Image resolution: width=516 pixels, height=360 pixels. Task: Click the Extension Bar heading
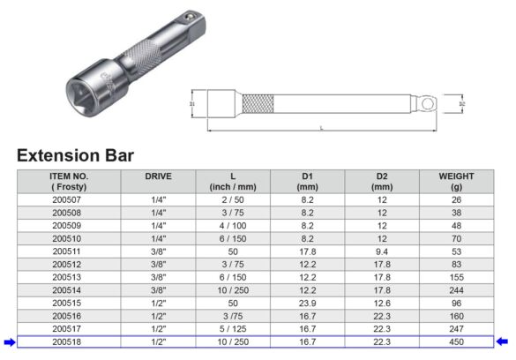pyautogui.click(x=75, y=155)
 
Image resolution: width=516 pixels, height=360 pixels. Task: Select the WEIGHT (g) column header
pyautogui.click(x=455, y=182)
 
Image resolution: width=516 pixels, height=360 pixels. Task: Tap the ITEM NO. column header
pyautogui.click(x=69, y=182)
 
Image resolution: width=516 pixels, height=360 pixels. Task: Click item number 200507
pyautogui.click(x=69, y=200)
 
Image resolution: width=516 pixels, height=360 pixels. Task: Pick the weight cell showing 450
pyautogui.click(x=455, y=341)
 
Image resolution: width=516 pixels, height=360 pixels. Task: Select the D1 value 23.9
pyautogui.click(x=308, y=302)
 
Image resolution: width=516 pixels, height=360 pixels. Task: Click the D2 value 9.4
pyautogui.click(x=381, y=251)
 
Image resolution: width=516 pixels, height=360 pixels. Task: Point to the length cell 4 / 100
pyautogui.click(x=232, y=226)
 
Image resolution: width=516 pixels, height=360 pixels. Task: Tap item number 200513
pyautogui.click(x=69, y=276)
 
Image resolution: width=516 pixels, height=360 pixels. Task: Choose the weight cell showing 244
pyautogui.click(x=455, y=289)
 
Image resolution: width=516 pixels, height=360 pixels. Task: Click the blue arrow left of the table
pyautogui.click(x=8, y=341)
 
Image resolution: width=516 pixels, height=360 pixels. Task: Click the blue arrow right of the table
pyautogui.click(x=504, y=341)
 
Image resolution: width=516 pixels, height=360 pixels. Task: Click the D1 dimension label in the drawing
pyautogui.click(x=191, y=103)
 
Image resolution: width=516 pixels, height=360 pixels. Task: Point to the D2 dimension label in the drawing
pyautogui.click(x=461, y=103)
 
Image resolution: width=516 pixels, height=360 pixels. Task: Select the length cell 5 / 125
pyautogui.click(x=232, y=327)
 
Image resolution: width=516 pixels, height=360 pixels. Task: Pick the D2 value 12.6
pyautogui.click(x=381, y=302)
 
